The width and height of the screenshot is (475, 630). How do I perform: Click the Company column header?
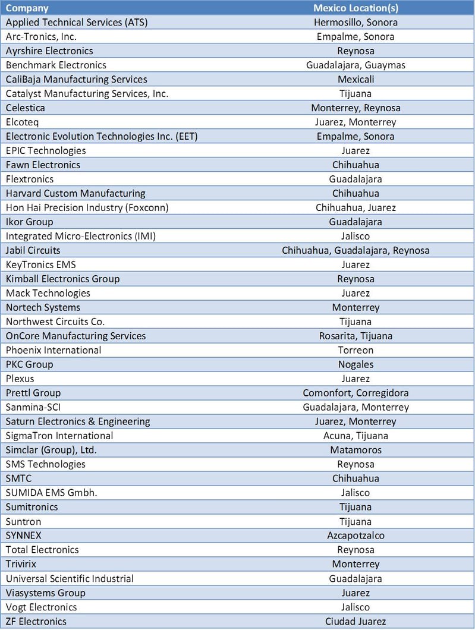(27, 8)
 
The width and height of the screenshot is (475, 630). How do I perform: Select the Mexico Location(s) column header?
(356, 8)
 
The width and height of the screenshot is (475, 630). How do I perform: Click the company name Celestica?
(25, 108)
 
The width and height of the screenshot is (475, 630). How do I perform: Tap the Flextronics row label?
(30, 179)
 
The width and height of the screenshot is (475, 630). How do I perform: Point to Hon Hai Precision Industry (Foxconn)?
(87, 207)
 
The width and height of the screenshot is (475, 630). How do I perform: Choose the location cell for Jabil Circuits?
(356, 250)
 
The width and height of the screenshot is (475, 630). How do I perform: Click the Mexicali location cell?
(356, 79)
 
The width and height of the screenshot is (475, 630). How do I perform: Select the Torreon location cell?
(356, 350)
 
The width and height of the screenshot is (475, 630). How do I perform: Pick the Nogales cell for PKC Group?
(356, 364)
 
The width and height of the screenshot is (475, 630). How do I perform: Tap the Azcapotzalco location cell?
(356, 535)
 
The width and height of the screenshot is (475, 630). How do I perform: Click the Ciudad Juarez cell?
(356, 621)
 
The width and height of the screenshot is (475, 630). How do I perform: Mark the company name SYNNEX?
(24, 535)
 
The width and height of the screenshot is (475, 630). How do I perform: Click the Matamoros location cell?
(356, 450)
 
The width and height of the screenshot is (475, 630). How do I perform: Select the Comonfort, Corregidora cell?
(356, 393)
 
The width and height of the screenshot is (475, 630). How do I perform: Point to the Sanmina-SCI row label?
(33, 407)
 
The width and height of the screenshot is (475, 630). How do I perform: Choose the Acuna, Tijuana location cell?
(356, 436)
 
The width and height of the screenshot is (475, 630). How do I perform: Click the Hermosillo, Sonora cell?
(356, 22)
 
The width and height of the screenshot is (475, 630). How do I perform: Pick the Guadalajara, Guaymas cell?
(356, 65)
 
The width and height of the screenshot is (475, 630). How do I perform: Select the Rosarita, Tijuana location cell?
(356, 336)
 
